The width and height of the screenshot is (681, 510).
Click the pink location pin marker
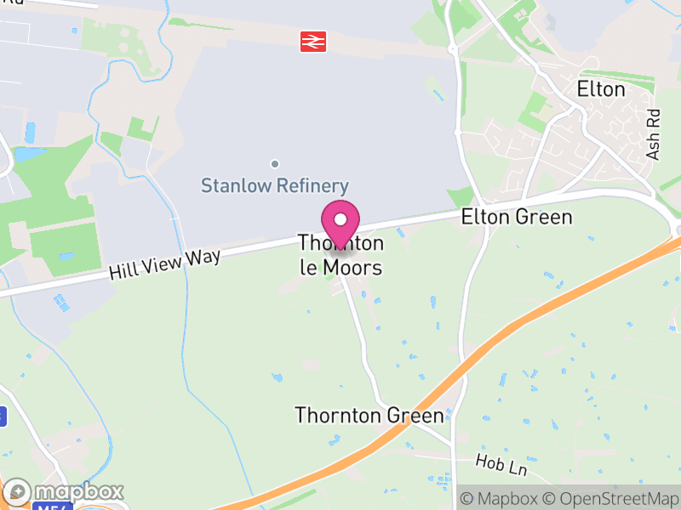coord(340,224)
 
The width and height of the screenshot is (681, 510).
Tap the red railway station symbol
coord(313,40)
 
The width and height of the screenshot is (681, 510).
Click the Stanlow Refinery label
coord(275,186)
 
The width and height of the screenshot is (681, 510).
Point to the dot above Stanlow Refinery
coord(274,163)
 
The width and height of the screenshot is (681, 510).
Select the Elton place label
coord(600,89)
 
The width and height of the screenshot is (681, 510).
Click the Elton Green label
coord(517,218)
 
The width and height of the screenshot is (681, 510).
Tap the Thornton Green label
coord(369,416)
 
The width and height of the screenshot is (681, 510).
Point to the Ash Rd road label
coord(654,133)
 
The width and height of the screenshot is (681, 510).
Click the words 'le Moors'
coord(340,268)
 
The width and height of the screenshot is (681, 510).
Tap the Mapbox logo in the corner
coord(65,492)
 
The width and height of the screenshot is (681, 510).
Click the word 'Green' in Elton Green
coord(545,218)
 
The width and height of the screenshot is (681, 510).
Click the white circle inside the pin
coord(340,219)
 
